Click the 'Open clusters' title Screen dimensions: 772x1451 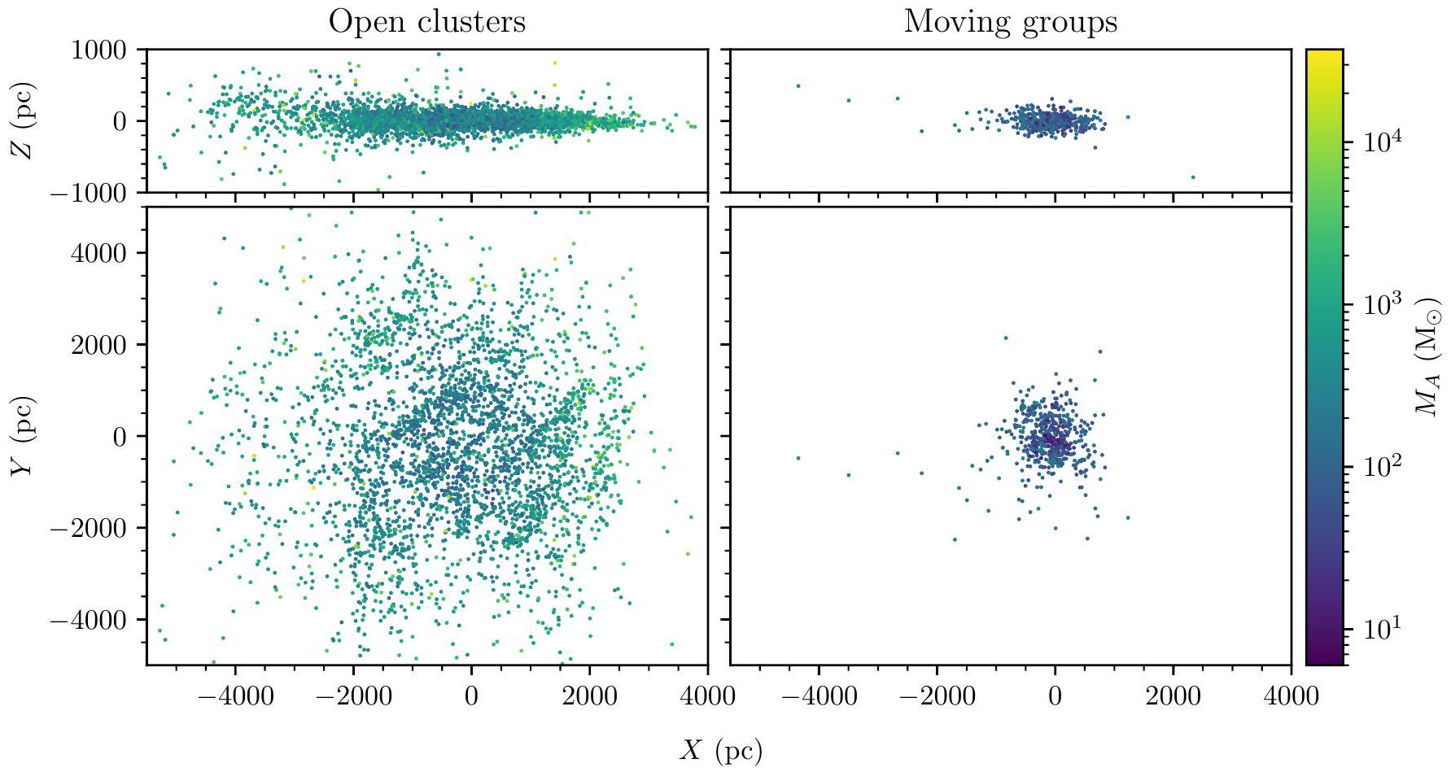(426, 22)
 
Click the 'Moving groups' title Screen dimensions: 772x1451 (1010, 22)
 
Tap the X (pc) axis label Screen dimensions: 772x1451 (721, 751)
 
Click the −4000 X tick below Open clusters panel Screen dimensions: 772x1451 (234, 698)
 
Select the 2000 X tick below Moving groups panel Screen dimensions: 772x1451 (1173, 698)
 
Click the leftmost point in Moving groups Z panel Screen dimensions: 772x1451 (798, 85)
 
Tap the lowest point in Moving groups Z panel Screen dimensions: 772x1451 (1193, 177)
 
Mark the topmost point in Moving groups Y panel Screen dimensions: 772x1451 (1006, 338)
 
